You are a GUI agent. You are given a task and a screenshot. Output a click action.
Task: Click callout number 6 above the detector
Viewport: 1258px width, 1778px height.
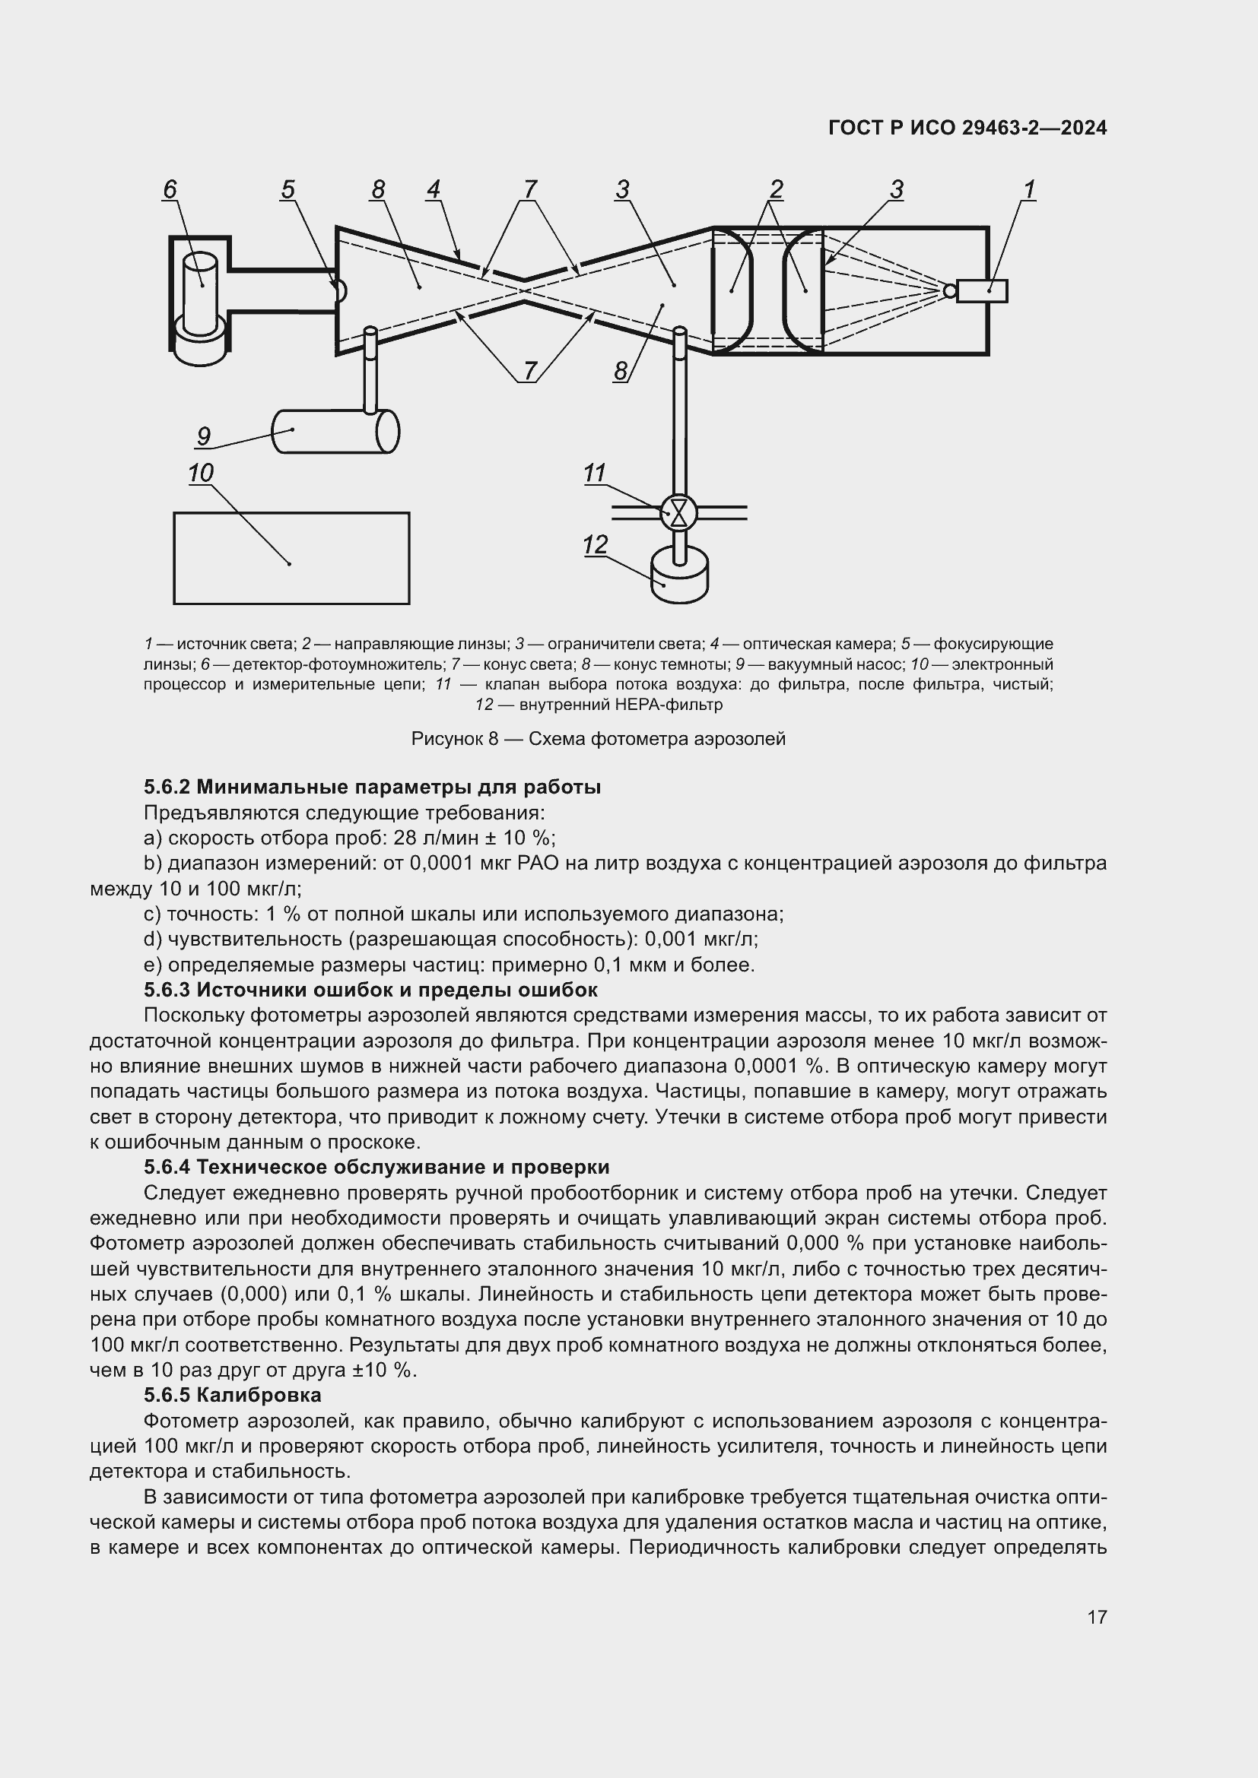[170, 189]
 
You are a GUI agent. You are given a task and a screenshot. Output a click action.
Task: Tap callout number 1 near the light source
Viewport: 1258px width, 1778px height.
[1030, 189]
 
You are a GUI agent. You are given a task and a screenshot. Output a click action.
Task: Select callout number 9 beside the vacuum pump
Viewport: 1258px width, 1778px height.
[203, 436]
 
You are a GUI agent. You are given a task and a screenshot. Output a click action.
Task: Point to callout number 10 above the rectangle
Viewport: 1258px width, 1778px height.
[201, 472]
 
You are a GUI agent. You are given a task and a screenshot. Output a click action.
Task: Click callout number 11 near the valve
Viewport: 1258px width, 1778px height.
[594, 472]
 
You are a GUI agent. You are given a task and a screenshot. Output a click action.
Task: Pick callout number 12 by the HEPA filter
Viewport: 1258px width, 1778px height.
[595, 544]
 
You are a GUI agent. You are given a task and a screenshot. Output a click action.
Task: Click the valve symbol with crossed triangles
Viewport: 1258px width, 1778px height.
[679, 512]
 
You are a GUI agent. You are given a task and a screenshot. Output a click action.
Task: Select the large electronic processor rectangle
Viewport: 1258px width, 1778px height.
[291, 557]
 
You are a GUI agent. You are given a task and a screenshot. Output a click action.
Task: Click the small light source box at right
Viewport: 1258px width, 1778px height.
[981, 290]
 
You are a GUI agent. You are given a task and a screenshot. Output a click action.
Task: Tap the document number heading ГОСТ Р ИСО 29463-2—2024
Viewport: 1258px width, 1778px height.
[967, 128]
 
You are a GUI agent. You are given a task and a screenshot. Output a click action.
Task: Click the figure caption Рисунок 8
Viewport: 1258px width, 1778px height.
[598, 739]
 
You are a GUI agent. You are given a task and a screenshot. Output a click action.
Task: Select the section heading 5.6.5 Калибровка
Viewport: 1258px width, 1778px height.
[233, 1396]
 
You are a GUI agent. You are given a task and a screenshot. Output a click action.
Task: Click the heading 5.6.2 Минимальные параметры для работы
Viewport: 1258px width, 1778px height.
[372, 787]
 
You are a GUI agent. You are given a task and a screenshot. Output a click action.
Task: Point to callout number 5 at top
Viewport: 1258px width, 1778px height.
[288, 189]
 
